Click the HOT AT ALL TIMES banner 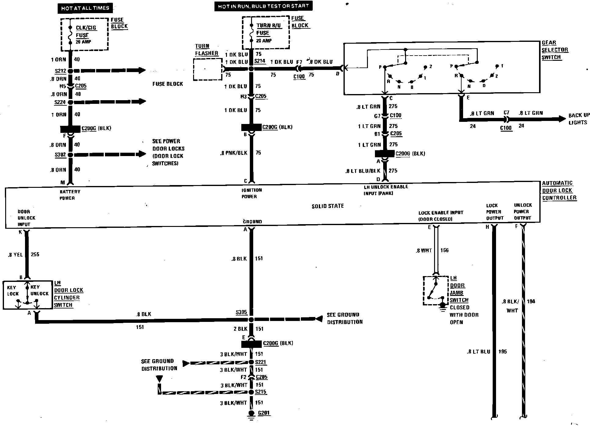(x=85, y=8)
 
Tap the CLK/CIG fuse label (x=86, y=28)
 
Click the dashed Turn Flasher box (x=207, y=69)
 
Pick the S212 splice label (x=60, y=71)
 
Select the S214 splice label (x=260, y=61)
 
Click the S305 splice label (x=241, y=312)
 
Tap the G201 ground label (x=264, y=413)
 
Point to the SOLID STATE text (x=328, y=206)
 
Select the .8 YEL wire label (x=16, y=254)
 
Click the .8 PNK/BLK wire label (x=233, y=153)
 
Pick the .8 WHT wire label (x=424, y=251)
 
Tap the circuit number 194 (x=531, y=301)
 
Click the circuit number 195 (x=502, y=352)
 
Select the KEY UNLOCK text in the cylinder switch (x=39, y=290)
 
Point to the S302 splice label (x=60, y=155)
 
